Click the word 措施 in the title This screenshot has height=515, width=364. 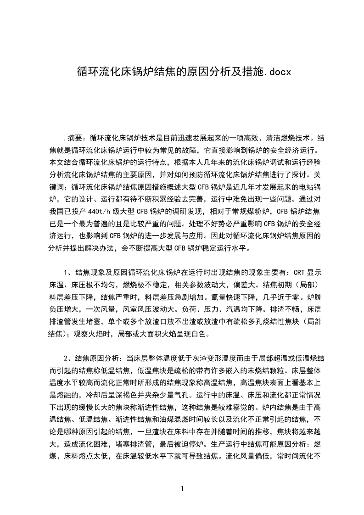click(253, 72)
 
